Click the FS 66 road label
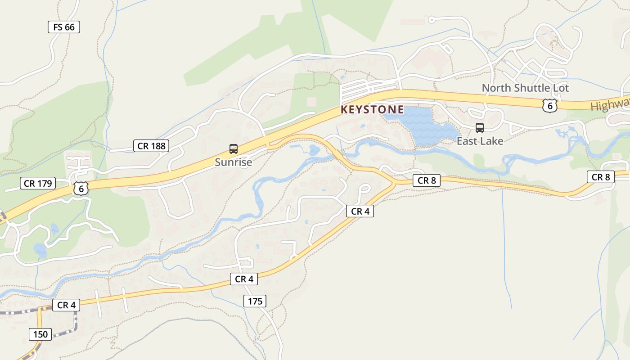(64, 27)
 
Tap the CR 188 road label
(152, 146)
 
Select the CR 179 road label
(38, 183)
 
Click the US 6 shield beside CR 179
(81, 189)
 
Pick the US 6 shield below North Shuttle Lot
(549, 105)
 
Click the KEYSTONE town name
(372, 109)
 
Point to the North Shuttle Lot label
(525, 88)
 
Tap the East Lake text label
(480, 141)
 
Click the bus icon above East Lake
(480, 128)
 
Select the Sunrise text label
(233, 162)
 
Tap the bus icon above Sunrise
(233, 149)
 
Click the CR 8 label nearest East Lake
(427, 180)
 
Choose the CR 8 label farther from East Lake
(601, 177)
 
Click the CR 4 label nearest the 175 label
(244, 279)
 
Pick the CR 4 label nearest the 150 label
(66, 305)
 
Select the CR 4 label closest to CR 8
(360, 211)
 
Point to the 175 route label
(255, 301)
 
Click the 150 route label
(40, 334)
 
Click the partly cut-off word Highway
(610, 105)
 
